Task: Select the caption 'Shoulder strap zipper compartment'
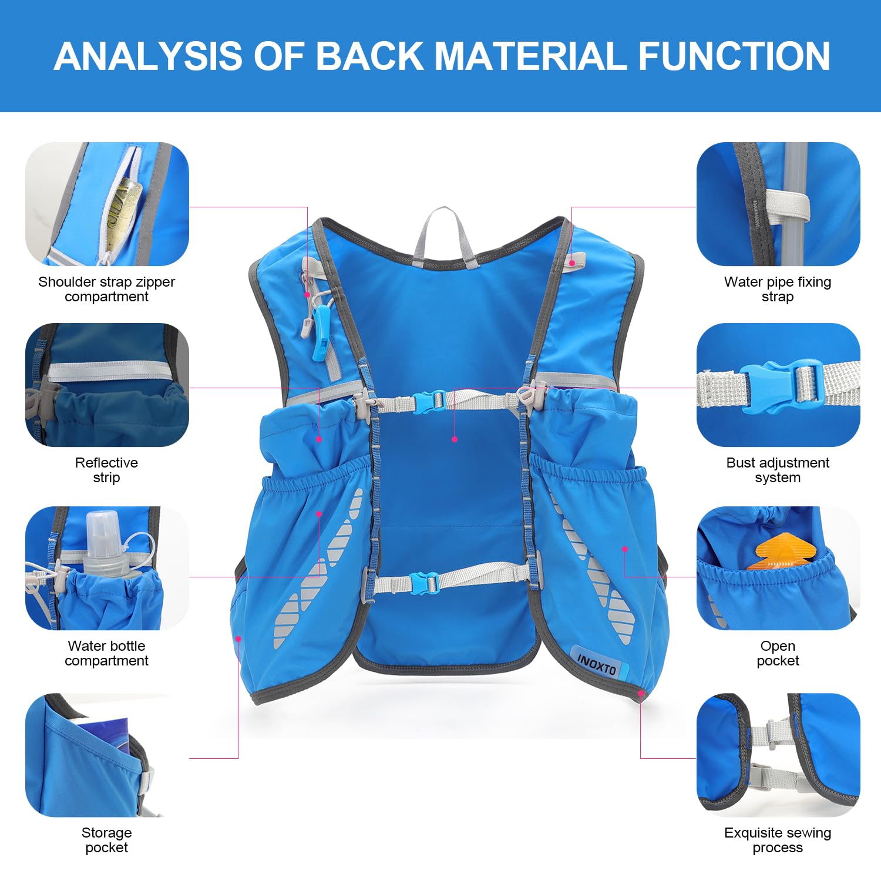point(106,289)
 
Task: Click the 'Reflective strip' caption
point(106,470)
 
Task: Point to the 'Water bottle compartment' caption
point(106,653)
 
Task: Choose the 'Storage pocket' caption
point(106,840)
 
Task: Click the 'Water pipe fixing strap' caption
point(778,289)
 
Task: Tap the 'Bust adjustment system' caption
point(778,470)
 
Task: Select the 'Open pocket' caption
point(778,653)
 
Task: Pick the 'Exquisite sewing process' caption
point(778,840)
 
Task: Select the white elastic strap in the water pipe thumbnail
point(787,206)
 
